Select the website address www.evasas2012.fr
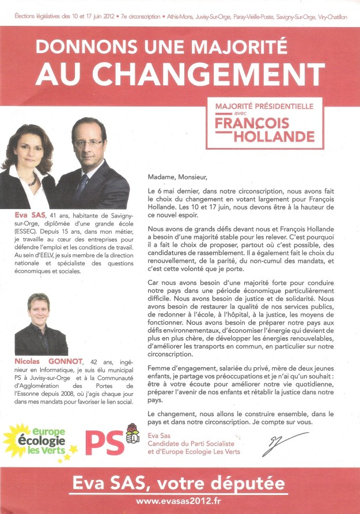180,502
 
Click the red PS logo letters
104,443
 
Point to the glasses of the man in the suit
88,142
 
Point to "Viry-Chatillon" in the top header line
329,17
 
